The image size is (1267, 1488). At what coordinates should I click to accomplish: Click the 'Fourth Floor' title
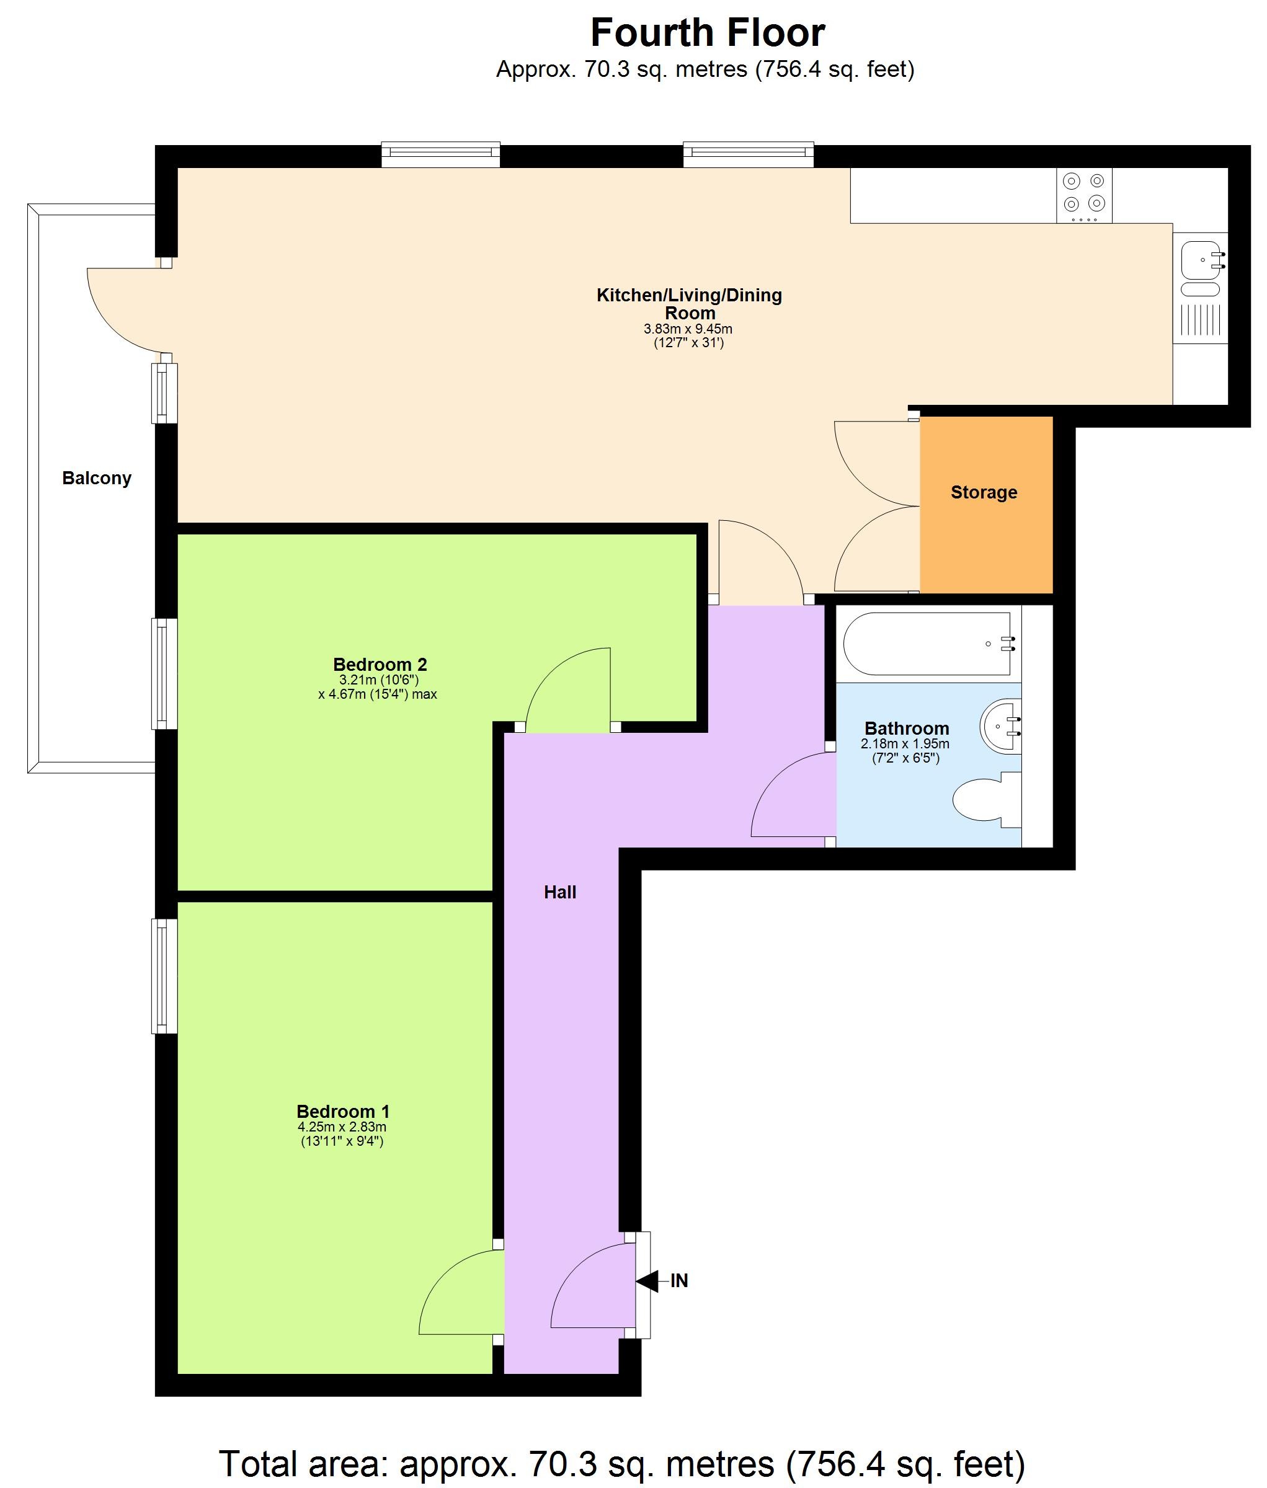[708, 33]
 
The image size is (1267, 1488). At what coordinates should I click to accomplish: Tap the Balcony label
[97, 478]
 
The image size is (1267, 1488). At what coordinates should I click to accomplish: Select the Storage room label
[984, 493]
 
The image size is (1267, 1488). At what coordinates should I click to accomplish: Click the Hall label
[559, 893]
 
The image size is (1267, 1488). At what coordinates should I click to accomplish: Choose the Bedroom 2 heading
[380, 664]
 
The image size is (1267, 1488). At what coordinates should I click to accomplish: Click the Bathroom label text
[907, 728]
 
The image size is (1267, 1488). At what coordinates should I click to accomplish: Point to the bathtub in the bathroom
[930, 644]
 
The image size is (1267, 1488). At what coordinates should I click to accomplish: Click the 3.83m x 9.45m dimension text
[687, 330]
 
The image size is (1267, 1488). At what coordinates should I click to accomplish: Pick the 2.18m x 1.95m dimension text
[905, 744]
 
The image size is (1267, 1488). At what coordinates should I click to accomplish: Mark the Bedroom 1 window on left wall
[164, 976]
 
